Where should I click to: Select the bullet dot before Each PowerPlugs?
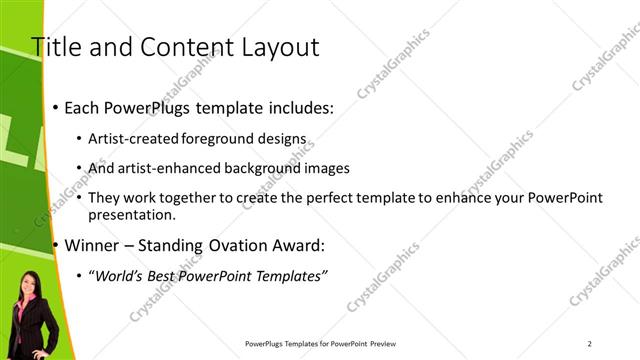[x=56, y=108]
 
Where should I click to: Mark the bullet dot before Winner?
[x=56, y=245]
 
